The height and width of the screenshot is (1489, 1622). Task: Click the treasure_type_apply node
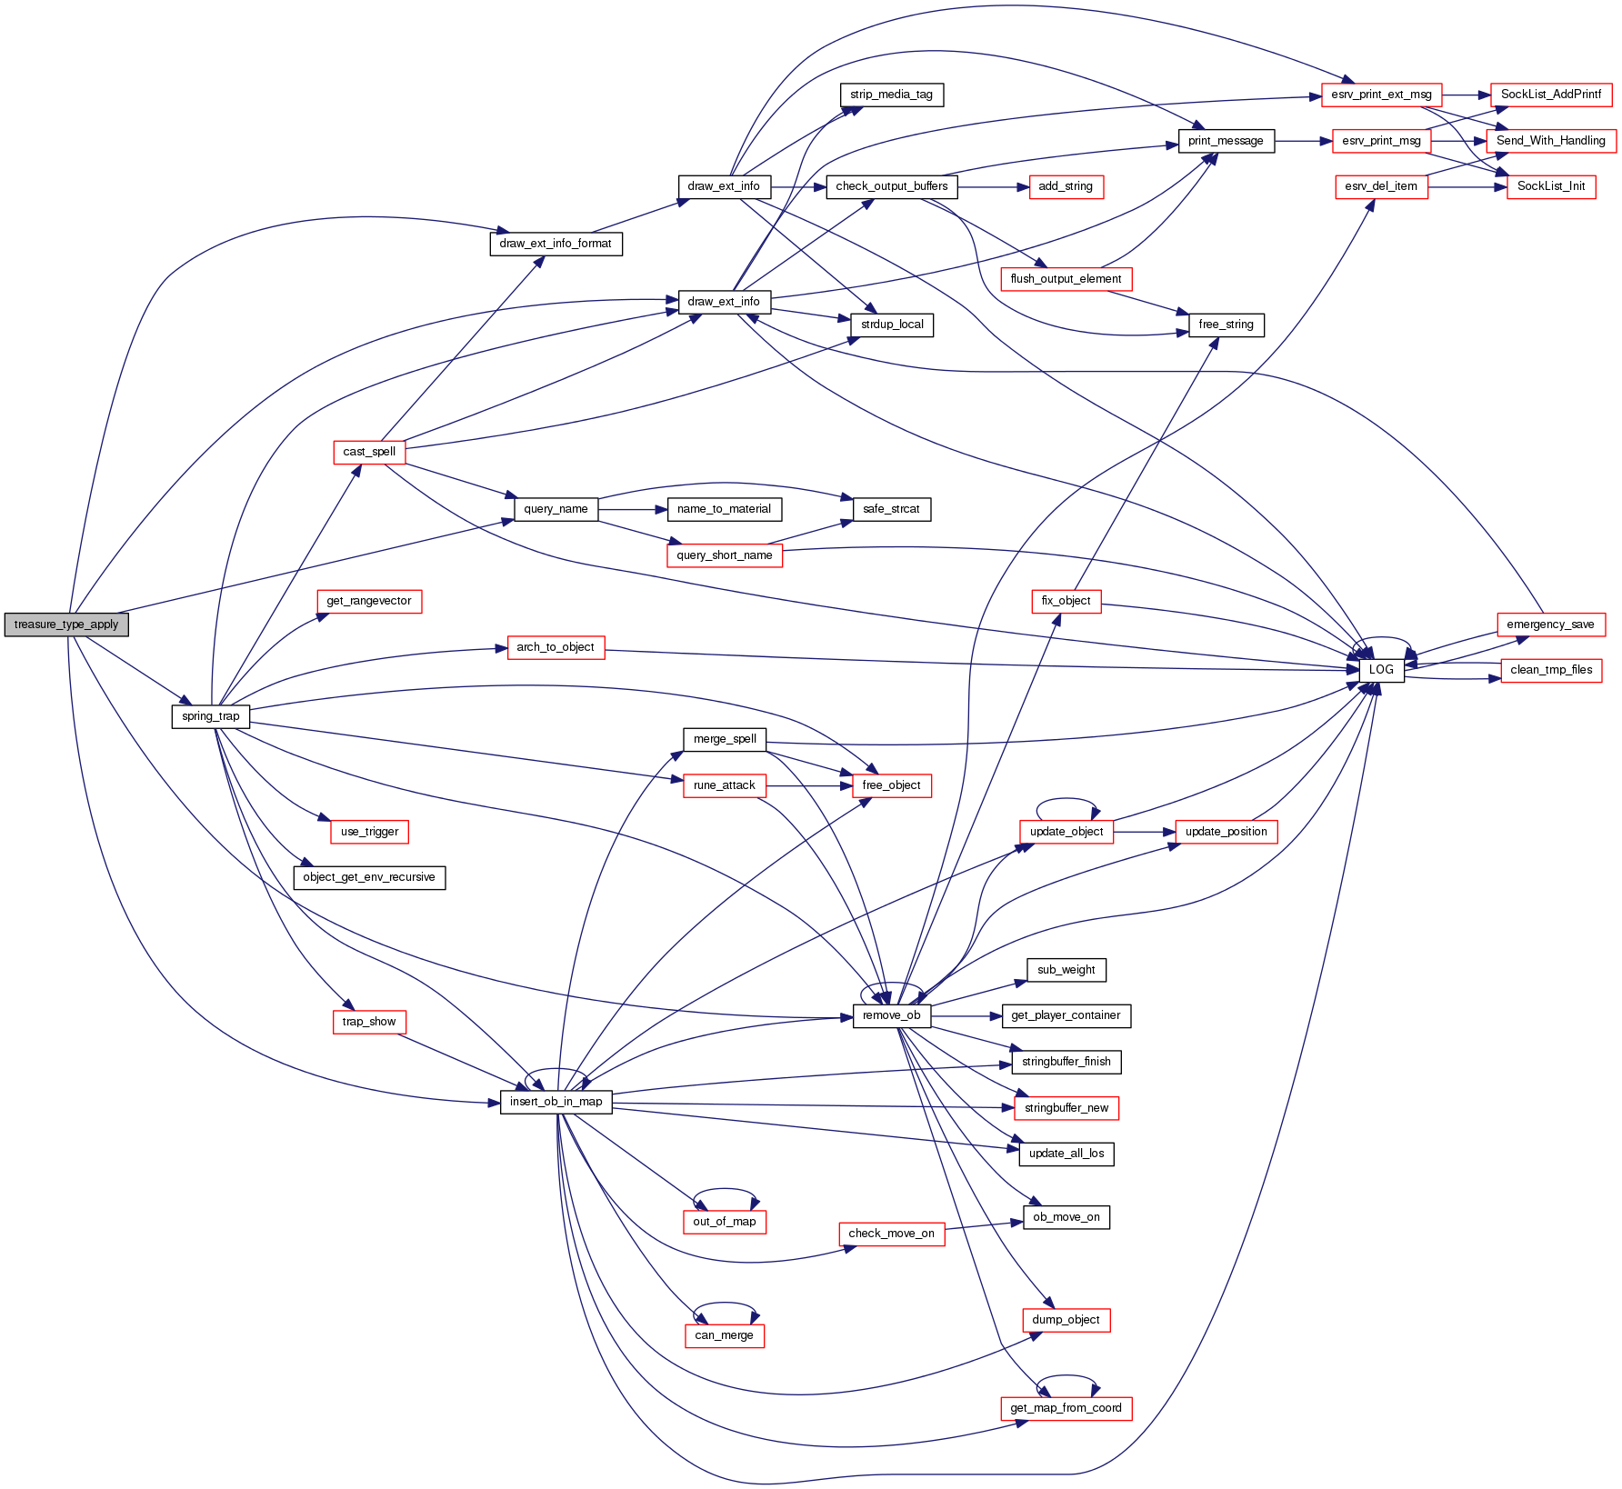tap(66, 625)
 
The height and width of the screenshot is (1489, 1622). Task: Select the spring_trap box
tap(210, 716)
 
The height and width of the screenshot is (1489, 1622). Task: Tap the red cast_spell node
tap(369, 452)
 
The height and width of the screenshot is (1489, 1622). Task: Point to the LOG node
tap(1381, 670)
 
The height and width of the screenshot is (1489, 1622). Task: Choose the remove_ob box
tap(891, 1015)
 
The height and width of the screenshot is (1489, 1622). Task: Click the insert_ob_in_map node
tap(556, 1102)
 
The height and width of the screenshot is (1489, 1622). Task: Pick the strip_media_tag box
tap(891, 95)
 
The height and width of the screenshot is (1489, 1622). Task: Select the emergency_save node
tap(1550, 625)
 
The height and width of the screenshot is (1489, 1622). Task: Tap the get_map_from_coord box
tap(1066, 1408)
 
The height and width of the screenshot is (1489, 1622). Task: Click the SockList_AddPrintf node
tap(1551, 95)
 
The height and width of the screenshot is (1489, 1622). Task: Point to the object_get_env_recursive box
tap(369, 877)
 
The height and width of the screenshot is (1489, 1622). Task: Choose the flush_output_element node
tap(1066, 279)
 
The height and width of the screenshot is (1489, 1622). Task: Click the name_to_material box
tap(724, 509)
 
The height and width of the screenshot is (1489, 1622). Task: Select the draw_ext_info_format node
tap(556, 244)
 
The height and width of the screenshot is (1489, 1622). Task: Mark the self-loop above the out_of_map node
tap(725, 1190)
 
